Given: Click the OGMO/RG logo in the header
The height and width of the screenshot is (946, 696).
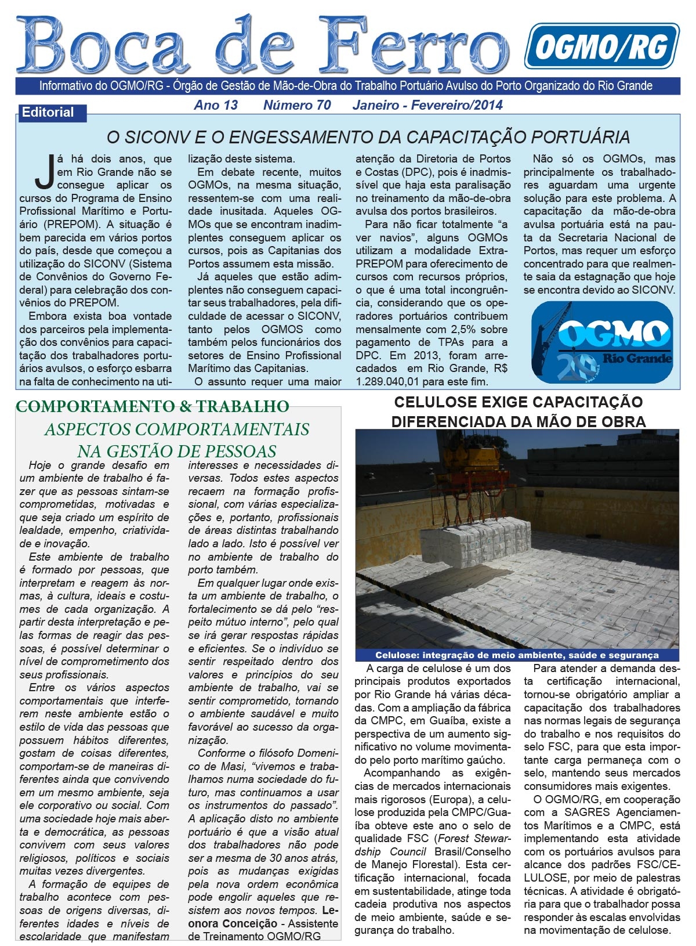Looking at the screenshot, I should tap(601, 46).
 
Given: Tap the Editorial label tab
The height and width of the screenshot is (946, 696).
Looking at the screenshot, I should tap(49, 113).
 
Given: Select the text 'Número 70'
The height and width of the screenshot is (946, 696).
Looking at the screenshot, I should tap(297, 105).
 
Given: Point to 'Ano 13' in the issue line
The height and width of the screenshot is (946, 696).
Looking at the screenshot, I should tap(216, 105).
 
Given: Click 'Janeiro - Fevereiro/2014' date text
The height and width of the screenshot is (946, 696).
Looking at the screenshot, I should tap(427, 105).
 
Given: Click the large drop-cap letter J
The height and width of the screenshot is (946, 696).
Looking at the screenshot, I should tap(44, 172).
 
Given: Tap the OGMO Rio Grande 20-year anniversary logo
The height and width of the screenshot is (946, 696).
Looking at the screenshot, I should tap(602, 342).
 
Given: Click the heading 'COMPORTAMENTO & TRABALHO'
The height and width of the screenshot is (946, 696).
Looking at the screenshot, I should tap(152, 406).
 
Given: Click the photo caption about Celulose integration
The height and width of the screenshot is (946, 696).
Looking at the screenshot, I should tap(517, 655).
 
